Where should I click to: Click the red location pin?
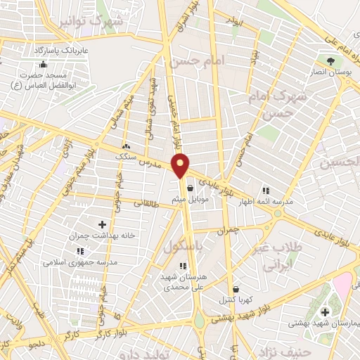(181, 166)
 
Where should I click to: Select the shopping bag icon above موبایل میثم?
(191, 188)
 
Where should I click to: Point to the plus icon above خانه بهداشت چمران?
(103, 225)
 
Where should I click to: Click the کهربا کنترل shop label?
(236, 300)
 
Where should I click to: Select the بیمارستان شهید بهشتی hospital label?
(324, 323)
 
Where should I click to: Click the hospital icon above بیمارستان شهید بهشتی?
(325, 311)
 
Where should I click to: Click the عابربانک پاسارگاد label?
(63, 51)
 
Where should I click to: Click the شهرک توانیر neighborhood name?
(99, 21)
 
